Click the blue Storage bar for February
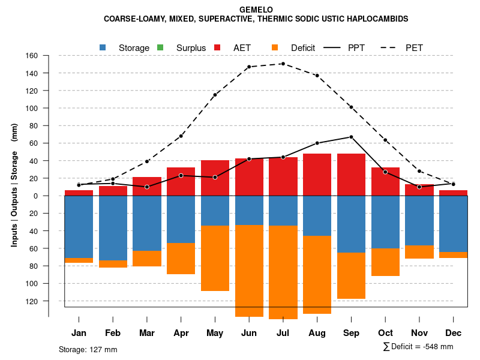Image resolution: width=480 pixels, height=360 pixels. [113, 228]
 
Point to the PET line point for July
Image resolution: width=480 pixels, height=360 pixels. [283, 64]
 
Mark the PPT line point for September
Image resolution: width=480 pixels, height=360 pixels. [351, 137]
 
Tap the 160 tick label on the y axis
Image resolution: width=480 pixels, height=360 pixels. [32, 56]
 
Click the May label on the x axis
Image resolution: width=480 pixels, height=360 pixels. [215, 333]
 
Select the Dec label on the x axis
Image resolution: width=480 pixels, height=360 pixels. [454, 333]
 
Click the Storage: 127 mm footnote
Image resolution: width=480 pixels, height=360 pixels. [88, 349]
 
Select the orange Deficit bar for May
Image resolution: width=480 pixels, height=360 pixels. [215, 258]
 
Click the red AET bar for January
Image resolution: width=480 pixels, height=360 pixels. [79, 193]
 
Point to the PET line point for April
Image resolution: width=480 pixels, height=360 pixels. [181, 136]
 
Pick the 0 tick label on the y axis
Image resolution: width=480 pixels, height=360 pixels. [36, 196]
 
